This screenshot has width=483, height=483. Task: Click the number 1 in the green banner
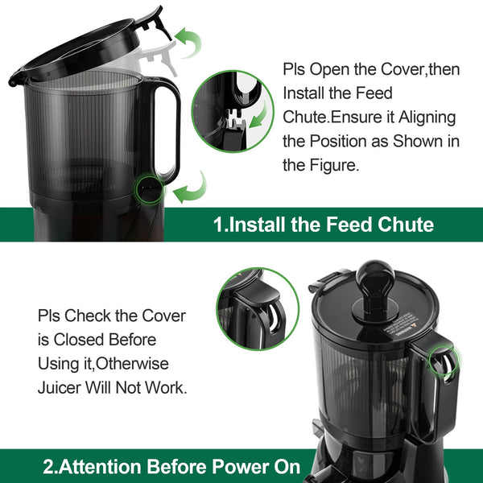pos(218,225)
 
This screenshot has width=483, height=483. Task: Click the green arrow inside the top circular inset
pos(259,119)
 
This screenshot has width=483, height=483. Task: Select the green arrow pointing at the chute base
pos(189,191)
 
